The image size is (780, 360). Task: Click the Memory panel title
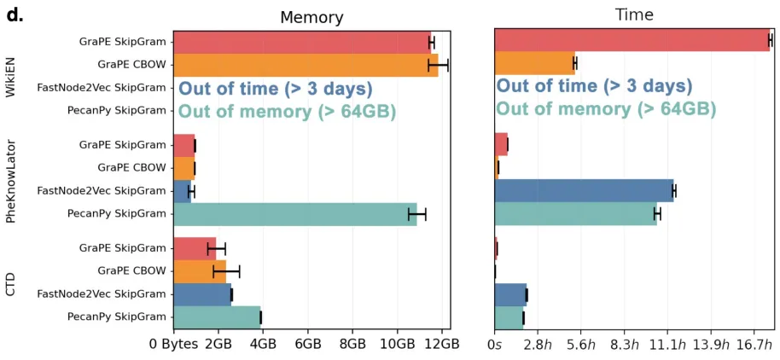click(x=311, y=17)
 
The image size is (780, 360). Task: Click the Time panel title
click(x=634, y=15)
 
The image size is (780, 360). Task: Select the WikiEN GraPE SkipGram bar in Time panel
click(x=632, y=40)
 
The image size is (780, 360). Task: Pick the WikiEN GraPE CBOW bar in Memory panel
click(x=306, y=64)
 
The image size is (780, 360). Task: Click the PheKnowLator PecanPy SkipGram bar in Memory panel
click(x=294, y=214)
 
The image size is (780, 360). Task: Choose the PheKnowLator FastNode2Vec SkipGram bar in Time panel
click(x=584, y=191)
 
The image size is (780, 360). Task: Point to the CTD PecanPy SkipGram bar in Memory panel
click(x=217, y=317)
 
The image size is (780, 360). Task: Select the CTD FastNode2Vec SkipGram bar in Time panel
click(x=510, y=294)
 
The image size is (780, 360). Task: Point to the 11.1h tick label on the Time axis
click(x=666, y=344)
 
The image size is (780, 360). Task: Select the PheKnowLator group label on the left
click(x=12, y=179)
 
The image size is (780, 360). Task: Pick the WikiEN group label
click(x=12, y=75)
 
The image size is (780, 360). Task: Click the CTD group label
click(x=12, y=283)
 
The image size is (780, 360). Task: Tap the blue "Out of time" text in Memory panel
click(x=276, y=88)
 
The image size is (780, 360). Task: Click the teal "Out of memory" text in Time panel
click(x=606, y=109)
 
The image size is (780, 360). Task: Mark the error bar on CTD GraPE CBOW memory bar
click(x=226, y=271)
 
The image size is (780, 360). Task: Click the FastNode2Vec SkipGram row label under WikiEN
click(x=102, y=87)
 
